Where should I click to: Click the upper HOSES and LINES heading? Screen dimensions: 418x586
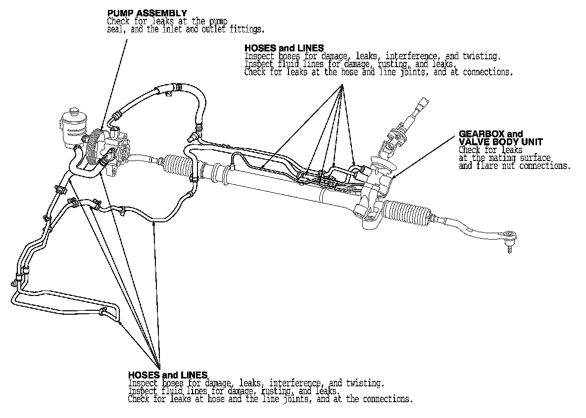[284, 48]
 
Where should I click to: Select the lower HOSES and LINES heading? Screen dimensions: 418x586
[168, 375]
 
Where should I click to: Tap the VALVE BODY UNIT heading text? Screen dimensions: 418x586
[501, 142]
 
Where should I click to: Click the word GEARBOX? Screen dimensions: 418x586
[476, 134]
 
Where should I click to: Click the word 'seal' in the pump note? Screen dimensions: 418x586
[115, 30]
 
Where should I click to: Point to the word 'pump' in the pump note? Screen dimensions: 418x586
[216, 21]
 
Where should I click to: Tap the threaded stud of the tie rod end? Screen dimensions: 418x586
[509, 250]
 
